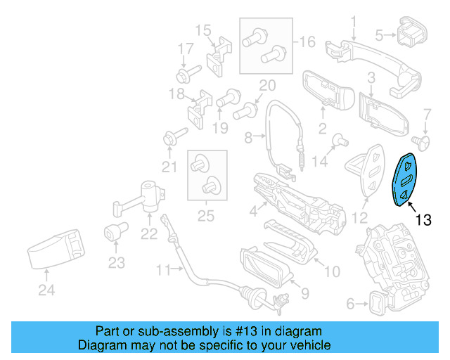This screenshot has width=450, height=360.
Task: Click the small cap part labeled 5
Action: (x=409, y=33)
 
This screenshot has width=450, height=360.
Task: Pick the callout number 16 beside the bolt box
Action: (x=307, y=42)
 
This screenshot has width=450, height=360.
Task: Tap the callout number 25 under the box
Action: (x=205, y=217)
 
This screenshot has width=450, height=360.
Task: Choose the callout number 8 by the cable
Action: (x=247, y=139)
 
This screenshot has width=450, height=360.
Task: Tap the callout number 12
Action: (x=359, y=218)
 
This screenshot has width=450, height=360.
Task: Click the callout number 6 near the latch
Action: (x=350, y=304)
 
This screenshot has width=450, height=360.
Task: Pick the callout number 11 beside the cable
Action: (x=163, y=270)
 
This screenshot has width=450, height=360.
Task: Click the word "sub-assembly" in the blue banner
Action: (x=175, y=331)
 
